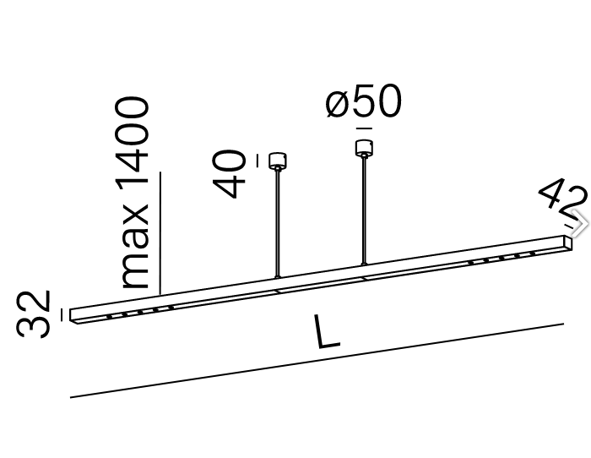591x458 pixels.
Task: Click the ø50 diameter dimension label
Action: tap(363, 103)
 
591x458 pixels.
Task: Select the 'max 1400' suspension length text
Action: tap(135, 193)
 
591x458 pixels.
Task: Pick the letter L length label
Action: tap(326, 333)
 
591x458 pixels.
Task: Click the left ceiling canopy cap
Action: tap(275, 160)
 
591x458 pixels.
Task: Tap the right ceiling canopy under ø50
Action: tap(364, 147)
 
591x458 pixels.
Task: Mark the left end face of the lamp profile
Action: tap(73, 315)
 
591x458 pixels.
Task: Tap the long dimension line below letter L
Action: tap(317, 360)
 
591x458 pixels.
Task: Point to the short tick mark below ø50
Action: tap(364, 128)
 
